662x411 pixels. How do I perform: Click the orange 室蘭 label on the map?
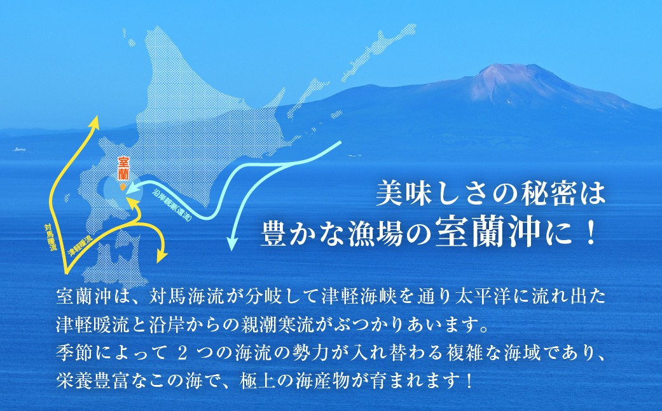(x=123, y=168)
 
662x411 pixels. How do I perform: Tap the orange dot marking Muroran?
(x=123, y=186)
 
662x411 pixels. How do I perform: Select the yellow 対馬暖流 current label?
(x=51, y=238)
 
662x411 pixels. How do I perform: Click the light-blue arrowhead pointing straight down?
(x=231, y=246)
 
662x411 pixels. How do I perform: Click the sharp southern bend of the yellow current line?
(x=66, y=271)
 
